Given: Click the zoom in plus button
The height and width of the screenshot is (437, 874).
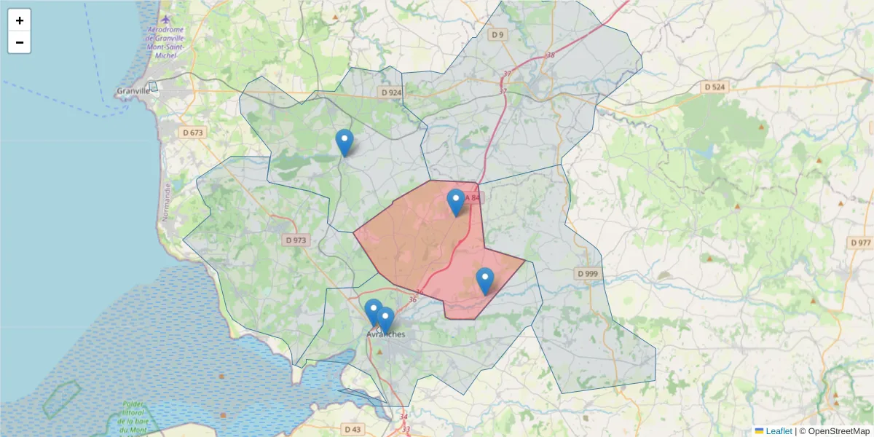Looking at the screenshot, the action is (x=20, y=20).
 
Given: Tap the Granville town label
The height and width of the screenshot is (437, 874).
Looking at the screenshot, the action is (x=133, y=91).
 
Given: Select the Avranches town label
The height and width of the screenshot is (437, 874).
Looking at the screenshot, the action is (x=385, y=334).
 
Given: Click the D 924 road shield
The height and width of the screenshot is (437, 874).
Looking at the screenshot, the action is (x=391, y=92).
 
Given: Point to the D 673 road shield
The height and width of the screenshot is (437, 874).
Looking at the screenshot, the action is (x=193, y=133).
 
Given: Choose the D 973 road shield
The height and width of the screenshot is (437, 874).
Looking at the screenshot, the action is (x=296, y=240).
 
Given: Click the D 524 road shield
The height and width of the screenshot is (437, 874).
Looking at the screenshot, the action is (x=715, y=87).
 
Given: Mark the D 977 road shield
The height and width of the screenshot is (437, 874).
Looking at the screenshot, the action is (x=860, y=243).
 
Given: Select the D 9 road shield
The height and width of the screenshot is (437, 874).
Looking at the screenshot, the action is (x=497, y=34).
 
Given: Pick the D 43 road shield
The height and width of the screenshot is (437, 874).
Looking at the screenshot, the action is (x=353, y=429).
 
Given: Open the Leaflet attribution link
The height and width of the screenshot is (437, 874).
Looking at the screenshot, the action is (x=778, y=431).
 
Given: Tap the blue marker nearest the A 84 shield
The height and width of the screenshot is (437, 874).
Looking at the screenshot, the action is (x=456, y=202).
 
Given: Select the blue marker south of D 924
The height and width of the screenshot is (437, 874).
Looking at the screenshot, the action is (x=345, y=142).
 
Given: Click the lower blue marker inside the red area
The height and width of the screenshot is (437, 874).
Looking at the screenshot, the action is (x=485, y=280).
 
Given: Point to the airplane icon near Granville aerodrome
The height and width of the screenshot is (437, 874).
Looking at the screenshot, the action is (x=166, y=19).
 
